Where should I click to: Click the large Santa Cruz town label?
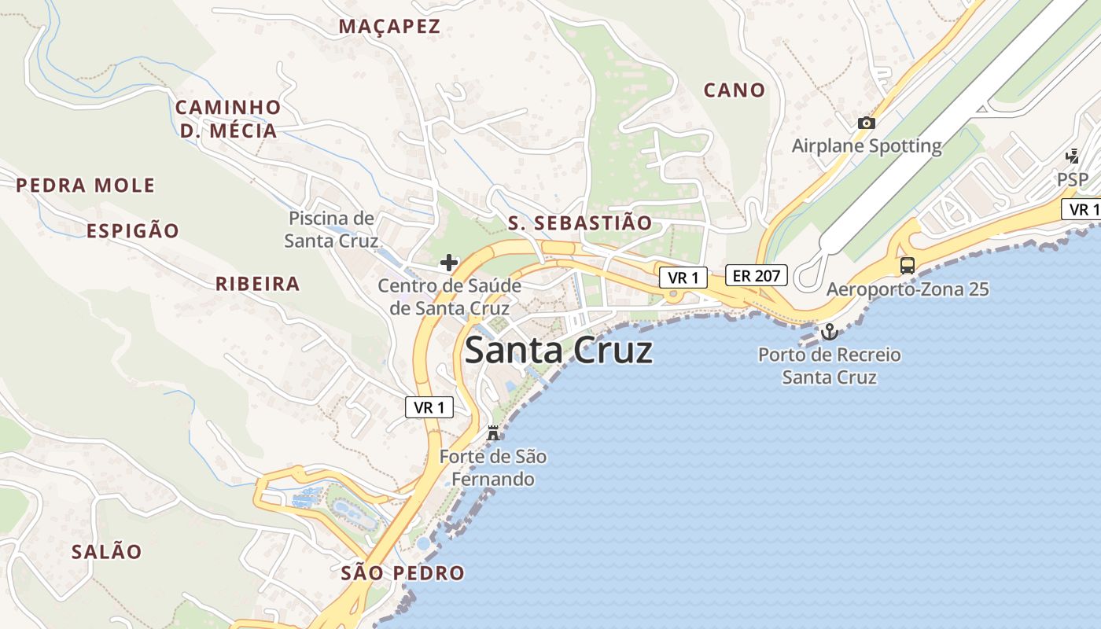click(x=558, y=350)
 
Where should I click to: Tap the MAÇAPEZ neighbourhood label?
click(x=389, y=26)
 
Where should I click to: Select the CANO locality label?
click(x=734, y=90)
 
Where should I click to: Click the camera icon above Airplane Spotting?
click(x=867, y=123)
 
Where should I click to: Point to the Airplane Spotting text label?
click(x=866, y=145)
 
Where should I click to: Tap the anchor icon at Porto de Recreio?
click(x=829, y=333)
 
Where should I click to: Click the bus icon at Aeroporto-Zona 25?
click(x=908, y=265)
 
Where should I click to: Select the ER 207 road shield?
click(x=756, y=275)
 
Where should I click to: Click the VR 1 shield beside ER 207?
click(x=683, y=277)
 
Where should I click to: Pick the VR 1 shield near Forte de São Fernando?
click(x=429, y=406)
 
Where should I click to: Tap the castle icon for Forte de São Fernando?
click(x=493, y=432)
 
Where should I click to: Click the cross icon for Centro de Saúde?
click(x=449, y=262)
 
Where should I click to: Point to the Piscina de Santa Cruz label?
click(x=331, y=229)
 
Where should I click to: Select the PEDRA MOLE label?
click(x=86, y=186)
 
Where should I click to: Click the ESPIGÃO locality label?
click(x=133, y=230)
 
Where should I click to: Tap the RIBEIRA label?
click(x=258, y=284)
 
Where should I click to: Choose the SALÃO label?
click(x=107, y=551)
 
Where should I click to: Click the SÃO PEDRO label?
click(x=403, y=572)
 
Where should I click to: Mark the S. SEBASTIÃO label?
click(x=580, y=223)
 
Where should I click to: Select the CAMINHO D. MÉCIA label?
click(x=228, y=119)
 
